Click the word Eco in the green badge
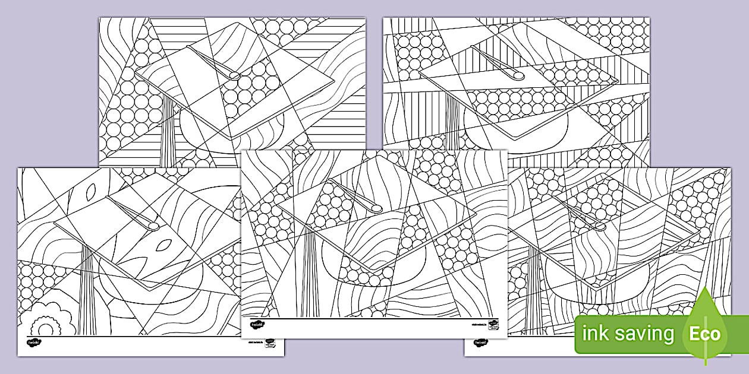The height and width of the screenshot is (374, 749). (x=705, y=333)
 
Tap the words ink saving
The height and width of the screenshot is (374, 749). (x=628, y=334)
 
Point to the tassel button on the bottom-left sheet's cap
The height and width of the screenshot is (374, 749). (x=153, y=226)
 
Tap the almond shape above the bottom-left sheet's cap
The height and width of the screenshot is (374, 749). (x=90, y=191)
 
